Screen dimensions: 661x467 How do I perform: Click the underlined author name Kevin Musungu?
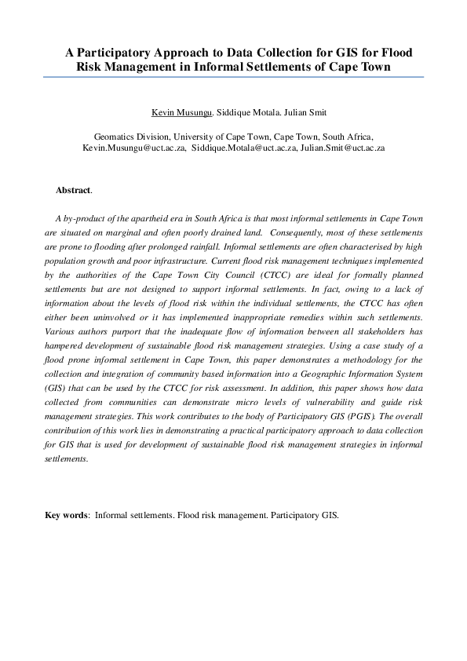181,113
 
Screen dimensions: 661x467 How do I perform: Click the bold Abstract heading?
73,190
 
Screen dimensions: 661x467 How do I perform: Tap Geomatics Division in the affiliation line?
130,136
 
